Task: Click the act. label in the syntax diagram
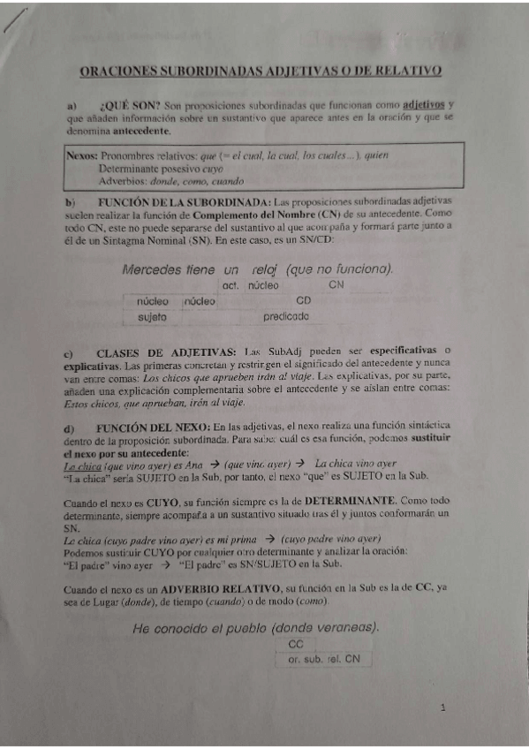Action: (x=232, y=285)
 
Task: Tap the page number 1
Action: (x=442, y=708)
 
